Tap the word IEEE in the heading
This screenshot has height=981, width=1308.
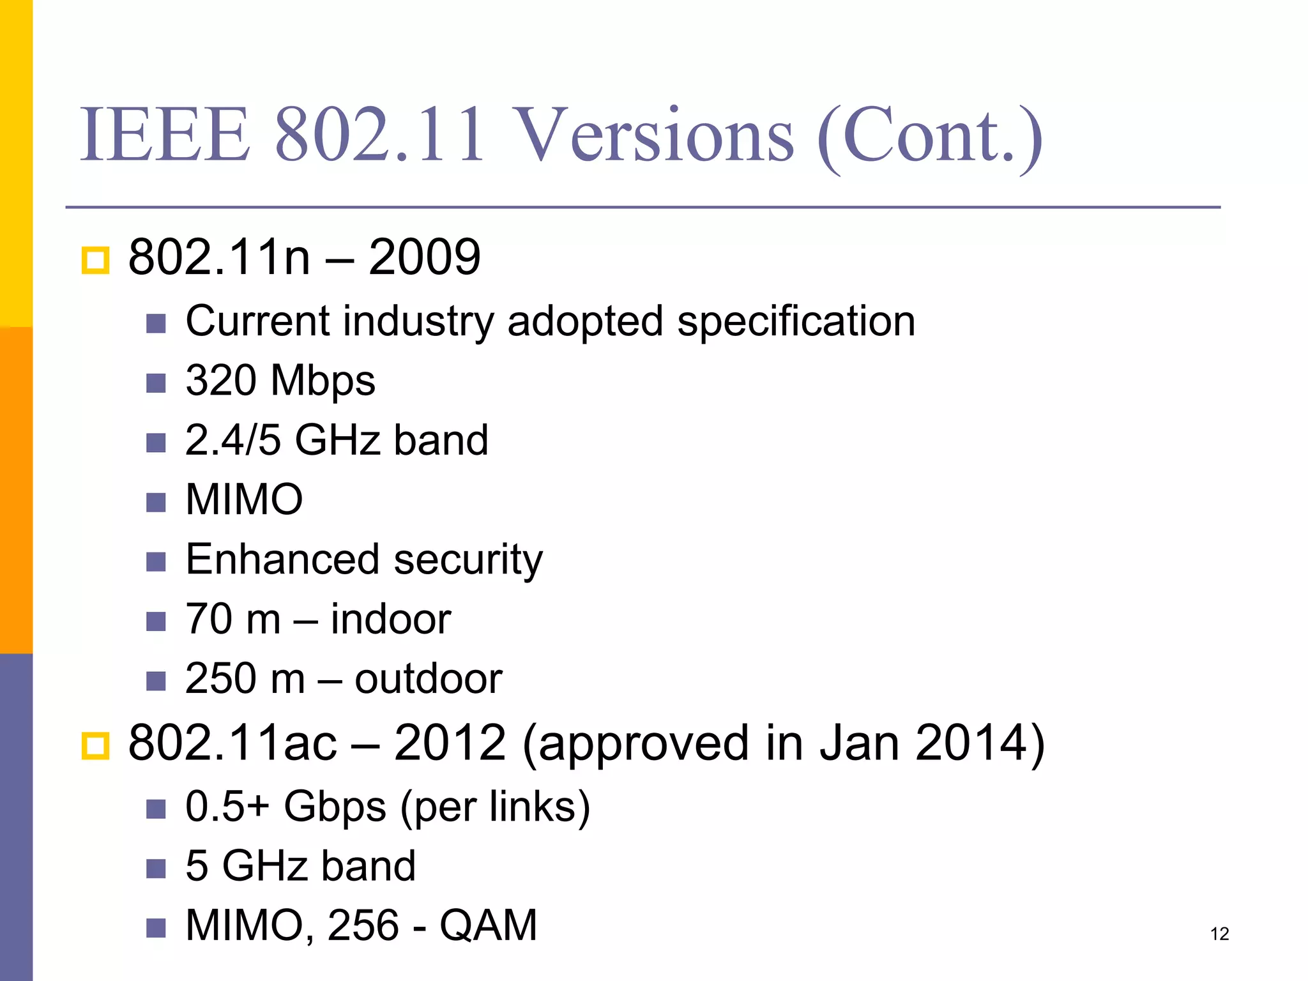pos(165,135)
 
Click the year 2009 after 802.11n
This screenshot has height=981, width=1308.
pos(424,257)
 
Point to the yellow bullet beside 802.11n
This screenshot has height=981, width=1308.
pos(96,260)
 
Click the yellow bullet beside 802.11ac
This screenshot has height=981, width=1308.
pos(96,745)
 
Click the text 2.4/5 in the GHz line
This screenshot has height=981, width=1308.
pos(232,440)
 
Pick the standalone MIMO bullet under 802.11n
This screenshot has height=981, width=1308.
pos(244,499)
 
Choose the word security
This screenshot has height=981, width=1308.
pos(468,559)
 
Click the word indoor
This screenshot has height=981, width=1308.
pos(390,619)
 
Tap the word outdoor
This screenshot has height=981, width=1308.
pos(428,678)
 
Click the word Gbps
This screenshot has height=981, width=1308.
pos(335,806)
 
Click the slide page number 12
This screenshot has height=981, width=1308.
pos(1219,934)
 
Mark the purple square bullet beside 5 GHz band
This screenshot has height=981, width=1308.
pos(156,869)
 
